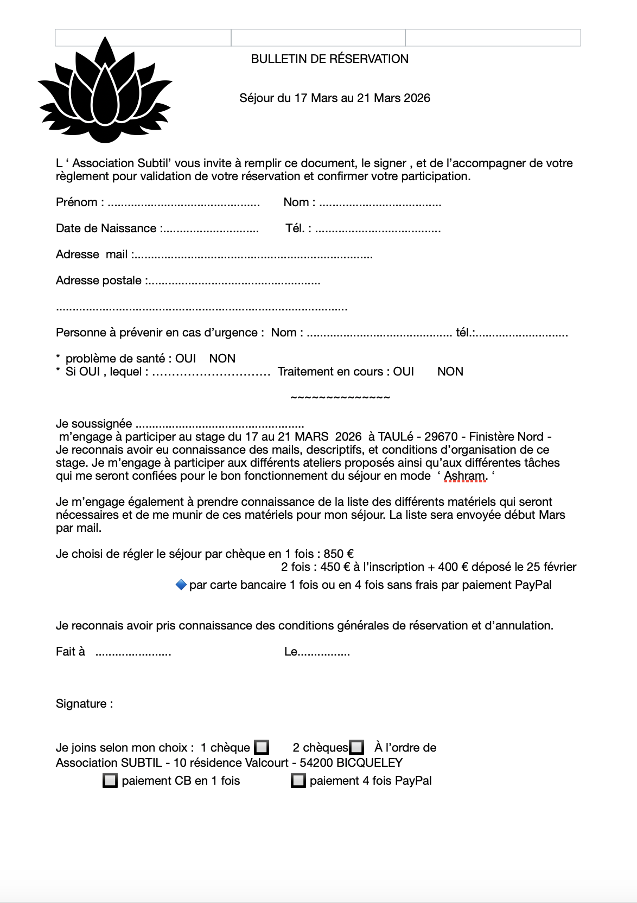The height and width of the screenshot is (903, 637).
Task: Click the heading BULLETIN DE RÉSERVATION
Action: pyautogui.click(x=329, y=59)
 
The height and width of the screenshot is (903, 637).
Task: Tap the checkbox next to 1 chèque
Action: pyautogui.click(x=262, y=747)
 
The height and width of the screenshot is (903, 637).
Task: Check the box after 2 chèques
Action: pyautogui.click(x=356, y=747)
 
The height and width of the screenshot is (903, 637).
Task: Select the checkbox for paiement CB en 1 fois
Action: pyautogui.click(x=110, y=781)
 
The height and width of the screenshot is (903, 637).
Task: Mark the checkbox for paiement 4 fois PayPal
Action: pyautogui.click(x=298, y=781)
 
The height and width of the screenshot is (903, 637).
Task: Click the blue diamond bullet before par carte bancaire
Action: pyautogui.click(x=181, y=584)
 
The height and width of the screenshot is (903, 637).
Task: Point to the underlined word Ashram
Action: pyautogui.click(x=464, y=476)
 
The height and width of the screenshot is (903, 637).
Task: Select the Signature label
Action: pyautogui.click(x=84, y=704)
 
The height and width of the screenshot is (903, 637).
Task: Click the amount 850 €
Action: pyautogui.click(x=339, y=554)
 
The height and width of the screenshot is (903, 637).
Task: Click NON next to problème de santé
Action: pyautogui.click(x=222, y=359)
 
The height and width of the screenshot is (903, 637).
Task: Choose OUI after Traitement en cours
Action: pyautogui.click(x=403, y=372)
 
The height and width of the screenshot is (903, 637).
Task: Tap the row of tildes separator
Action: pyautogui.click(x=340, y=398)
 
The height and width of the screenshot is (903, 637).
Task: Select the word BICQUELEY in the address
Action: pyautogui.click(x=370, y=763)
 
